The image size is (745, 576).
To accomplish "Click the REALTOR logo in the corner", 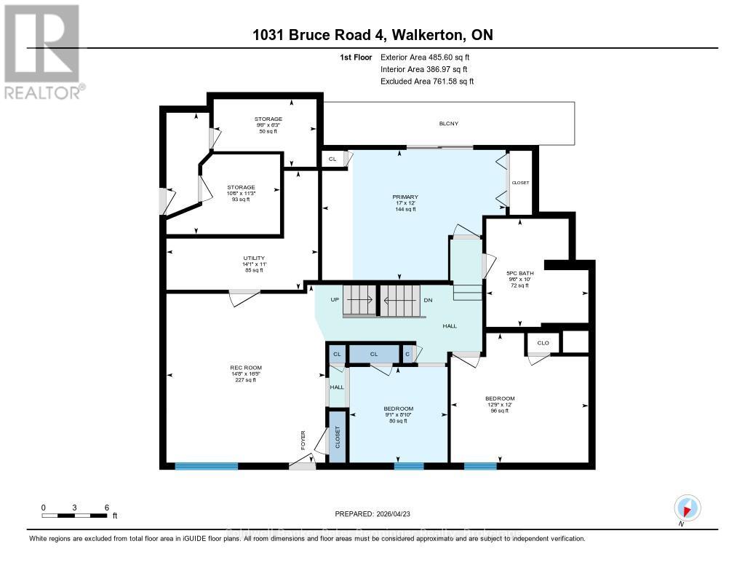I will pos(42,51).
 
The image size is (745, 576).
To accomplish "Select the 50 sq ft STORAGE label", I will pos(268,119).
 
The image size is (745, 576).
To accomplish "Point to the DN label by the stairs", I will pos(429,299).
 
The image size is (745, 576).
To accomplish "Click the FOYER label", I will pos(304,440).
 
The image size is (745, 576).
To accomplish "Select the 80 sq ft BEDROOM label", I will pos(399,409).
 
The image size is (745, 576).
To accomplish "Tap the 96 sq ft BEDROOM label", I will pos(500,398).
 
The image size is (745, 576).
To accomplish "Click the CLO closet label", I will pos(543,343).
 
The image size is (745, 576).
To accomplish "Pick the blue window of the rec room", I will pos(207,466).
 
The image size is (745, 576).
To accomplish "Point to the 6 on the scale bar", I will pos(107,508).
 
